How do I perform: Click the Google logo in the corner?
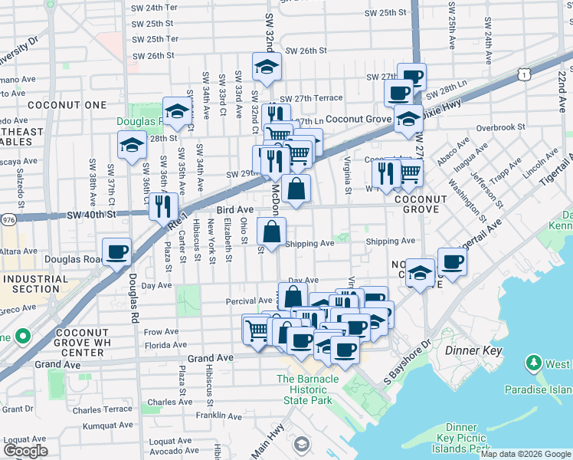pos(25,451)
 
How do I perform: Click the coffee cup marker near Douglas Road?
pos(117,251)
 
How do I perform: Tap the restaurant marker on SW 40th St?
pos(163,205)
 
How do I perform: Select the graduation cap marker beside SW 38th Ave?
pos(132,144)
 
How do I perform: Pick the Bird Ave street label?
pos(234,209)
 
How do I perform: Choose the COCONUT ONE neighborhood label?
pos(57,105)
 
